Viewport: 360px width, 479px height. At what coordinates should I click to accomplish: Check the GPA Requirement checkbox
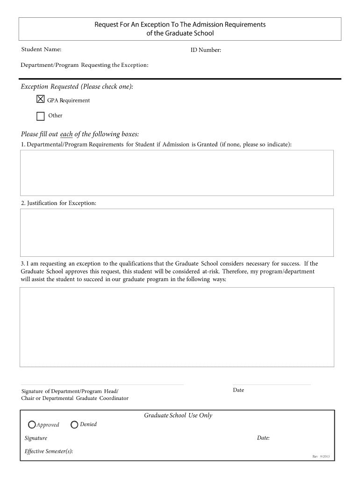(x=41, y=99)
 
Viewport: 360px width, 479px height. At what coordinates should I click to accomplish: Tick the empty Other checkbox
(x=41, y=116)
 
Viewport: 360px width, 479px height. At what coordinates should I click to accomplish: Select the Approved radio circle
(x=32, y=425)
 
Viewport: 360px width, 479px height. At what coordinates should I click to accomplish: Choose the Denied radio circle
(x=74, y=425)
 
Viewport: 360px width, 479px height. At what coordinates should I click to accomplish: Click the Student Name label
(x=41, y=50)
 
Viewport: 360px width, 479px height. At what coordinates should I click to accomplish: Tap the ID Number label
(x=205, y=51)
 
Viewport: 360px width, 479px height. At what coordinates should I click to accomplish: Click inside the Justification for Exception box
(x=177, y=232)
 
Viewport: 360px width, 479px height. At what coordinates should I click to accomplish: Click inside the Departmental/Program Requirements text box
(x=177, y=173)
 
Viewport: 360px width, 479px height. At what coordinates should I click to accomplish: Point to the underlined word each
(x=66, y=134)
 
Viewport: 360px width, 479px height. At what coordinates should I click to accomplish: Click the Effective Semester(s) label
(x=49, y=451)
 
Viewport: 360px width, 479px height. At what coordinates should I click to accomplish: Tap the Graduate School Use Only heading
(x=178, y=415)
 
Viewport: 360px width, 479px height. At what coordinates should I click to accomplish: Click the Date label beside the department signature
(x=238, y=390)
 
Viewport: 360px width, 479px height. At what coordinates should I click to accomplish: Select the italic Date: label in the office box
(x=263, y=438)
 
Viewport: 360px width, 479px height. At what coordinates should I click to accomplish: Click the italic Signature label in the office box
(x=36, y=438)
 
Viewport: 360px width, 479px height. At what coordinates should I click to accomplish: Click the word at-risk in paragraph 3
(x=211, y=271)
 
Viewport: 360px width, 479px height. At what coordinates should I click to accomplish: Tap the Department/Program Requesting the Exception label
(x=85, y=65)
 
